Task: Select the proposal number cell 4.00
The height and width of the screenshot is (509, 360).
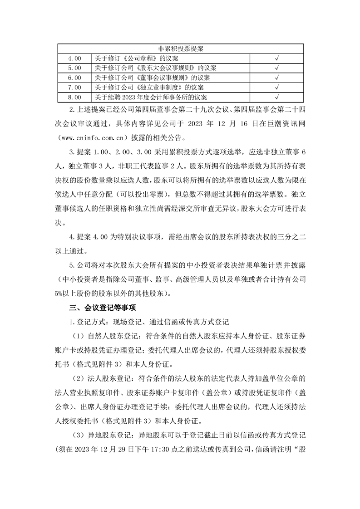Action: click(74, 59)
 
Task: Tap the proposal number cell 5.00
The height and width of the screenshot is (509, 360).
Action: click(74, 69)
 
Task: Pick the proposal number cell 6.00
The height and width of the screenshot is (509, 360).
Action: click(74, 78)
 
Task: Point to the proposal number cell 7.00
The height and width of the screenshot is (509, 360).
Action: click(74, 88)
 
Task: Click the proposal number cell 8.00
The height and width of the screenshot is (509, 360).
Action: click(74, 97)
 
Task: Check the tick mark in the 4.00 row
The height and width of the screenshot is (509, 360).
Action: click(276, 59)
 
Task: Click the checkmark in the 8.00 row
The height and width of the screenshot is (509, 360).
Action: click(276, 97)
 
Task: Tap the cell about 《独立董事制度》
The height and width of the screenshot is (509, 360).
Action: click(149, 88)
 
